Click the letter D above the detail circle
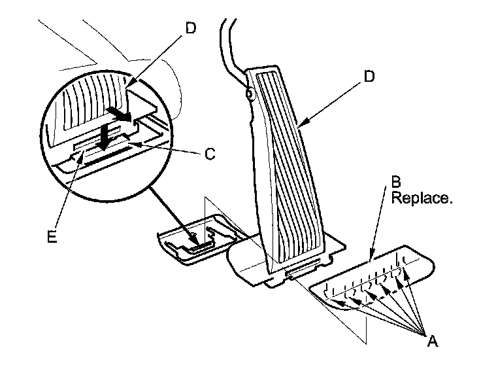190,29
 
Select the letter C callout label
210,155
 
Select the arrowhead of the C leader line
135,142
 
